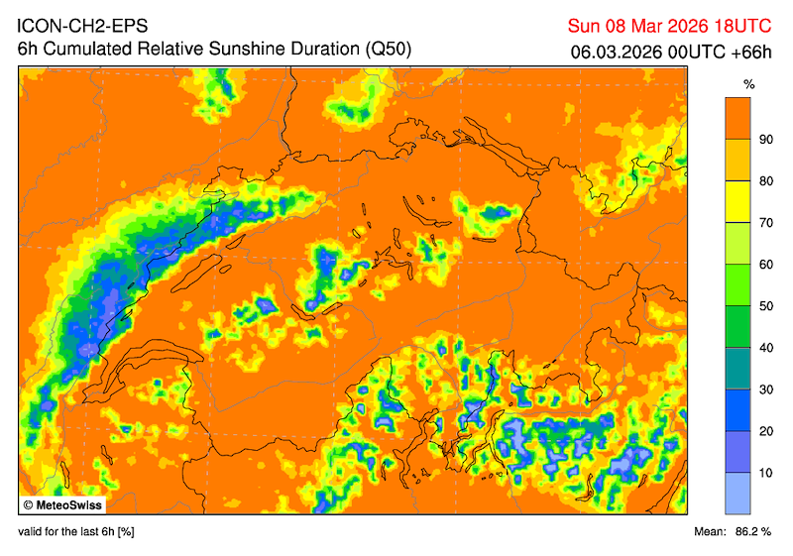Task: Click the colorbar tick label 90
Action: (x=765, y=140)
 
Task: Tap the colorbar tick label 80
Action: (x=765, y=181)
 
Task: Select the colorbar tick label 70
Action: (x=765, y=223)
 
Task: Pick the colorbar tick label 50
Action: (x=765, y=306)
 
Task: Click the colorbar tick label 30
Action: (x=765, y=389)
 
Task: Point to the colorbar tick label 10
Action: (x=765, y=473)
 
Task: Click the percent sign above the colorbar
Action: (x=749, y=85)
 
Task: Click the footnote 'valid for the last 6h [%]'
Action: (x=76, y=532)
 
